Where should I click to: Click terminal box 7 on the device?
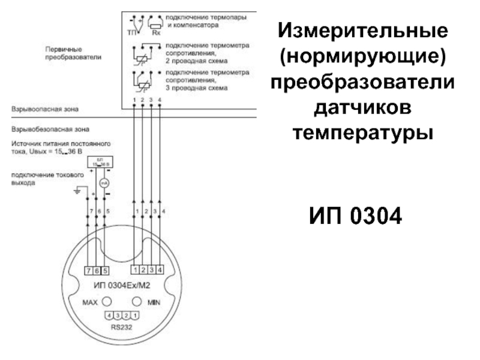pos(88,270)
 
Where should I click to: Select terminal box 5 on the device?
pos(105,270)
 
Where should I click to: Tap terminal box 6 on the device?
pos(97,270)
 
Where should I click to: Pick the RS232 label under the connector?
pos(122,328)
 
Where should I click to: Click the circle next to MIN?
pos(137,301)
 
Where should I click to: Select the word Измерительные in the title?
pos(363,29)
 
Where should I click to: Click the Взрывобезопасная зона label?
pos(50,128)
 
